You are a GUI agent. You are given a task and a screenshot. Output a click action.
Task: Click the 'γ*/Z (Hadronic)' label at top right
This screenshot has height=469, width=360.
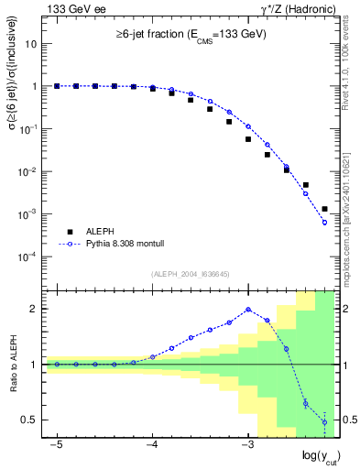(x=296, y=9)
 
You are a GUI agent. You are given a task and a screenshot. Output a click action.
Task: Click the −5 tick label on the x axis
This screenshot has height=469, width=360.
(x=57, y=444)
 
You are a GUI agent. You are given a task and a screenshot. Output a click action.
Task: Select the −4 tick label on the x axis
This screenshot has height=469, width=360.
(x=152, y=444)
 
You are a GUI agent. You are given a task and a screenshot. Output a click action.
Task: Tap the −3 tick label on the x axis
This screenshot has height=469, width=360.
(x=247, y=444)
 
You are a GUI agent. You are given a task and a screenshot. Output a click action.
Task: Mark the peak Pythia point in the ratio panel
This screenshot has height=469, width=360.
(x=248, y=309)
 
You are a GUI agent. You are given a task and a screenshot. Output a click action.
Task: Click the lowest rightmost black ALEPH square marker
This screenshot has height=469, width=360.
(x=324, y=209)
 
